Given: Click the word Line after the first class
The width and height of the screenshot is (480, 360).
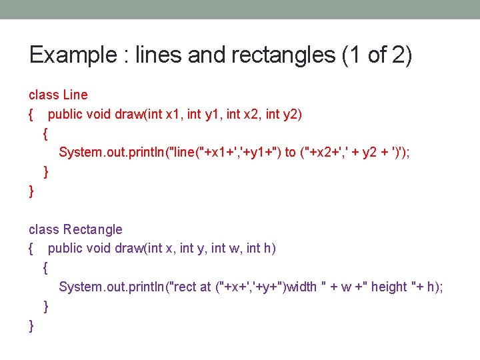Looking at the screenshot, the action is (75, 95).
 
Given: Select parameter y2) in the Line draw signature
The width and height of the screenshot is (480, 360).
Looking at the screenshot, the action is (294, 114).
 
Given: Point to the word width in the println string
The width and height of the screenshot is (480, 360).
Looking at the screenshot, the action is (301, 287).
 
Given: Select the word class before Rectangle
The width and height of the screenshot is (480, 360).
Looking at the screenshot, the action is (44, 229).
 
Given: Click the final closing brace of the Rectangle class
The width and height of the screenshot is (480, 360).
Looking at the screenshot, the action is (31, 325).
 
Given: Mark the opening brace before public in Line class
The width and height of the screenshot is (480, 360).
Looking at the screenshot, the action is (31, 115).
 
